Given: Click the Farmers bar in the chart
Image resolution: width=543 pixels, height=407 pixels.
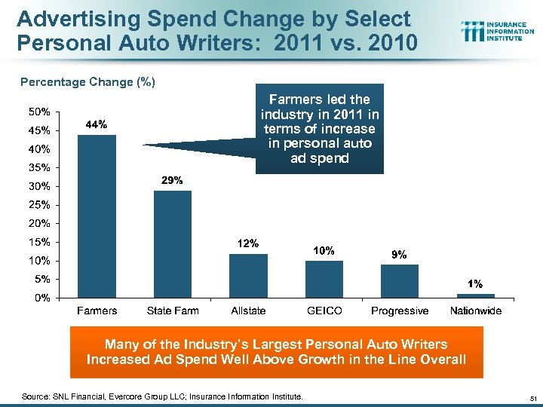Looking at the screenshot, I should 97,216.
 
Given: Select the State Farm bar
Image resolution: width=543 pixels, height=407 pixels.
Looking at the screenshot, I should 173,243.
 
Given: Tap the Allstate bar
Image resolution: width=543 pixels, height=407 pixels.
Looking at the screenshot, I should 248,275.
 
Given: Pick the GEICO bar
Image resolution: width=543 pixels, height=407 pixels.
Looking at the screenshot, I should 324,279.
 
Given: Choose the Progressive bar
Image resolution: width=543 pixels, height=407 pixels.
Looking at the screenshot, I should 400,280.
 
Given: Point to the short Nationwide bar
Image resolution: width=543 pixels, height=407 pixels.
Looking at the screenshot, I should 475,295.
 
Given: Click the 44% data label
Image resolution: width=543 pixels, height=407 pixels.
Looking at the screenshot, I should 97,124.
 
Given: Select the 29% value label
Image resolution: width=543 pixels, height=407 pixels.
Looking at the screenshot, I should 172,181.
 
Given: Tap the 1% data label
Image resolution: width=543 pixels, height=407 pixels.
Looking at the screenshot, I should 475,284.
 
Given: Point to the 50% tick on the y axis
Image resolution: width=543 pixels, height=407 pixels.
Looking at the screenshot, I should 40,112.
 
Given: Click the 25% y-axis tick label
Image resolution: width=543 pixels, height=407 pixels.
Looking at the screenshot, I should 40,204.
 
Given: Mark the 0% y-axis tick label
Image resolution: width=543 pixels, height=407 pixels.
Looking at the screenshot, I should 43,298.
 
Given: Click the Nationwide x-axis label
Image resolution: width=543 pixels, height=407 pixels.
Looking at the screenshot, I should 475,311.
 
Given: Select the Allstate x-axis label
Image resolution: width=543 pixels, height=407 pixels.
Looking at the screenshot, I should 248,311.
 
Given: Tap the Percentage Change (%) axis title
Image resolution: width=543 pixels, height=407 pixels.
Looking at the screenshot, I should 87,81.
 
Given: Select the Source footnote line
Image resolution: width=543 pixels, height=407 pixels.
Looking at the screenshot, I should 162,396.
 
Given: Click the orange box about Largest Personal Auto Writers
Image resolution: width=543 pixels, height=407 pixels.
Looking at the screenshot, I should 276,351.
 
